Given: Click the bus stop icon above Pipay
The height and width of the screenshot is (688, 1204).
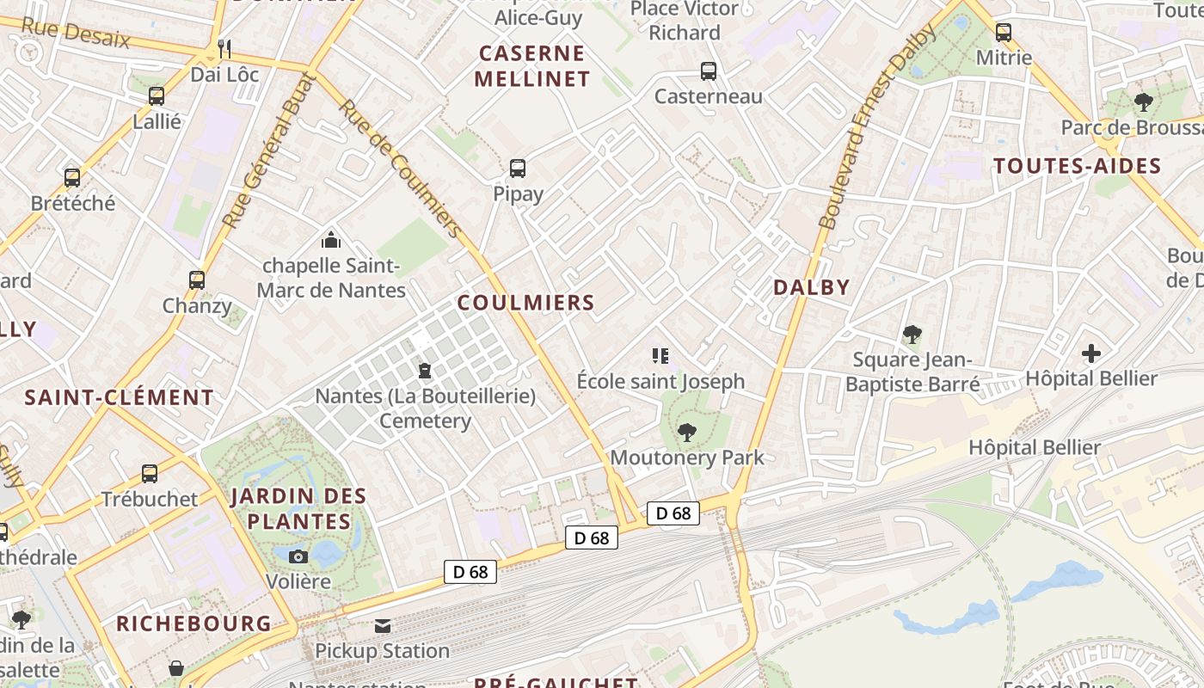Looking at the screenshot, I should click(x=518, y=169).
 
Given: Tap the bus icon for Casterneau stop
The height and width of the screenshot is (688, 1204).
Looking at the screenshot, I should click(x=709, y=71).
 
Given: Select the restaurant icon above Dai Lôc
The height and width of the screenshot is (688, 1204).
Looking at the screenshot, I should click(x=224, y=48).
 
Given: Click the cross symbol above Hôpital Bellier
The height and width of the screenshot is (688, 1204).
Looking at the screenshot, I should click(x=1091, y=353).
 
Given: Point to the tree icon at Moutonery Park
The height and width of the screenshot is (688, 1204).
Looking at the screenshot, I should click(x=686, y=433).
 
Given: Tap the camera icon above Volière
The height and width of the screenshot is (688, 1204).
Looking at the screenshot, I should click(x=298, y=556).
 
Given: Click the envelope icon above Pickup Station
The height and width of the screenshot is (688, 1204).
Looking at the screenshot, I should click(x=382, y=626).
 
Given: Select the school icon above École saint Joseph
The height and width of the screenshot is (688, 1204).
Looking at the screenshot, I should click(x=660, y=355).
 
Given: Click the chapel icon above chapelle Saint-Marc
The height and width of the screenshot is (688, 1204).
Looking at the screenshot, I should click(x=331, y=240).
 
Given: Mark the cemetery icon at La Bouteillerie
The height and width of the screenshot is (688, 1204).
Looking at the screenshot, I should click(x=424, y=372).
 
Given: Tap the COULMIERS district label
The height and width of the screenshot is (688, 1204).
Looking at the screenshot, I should click(x=525, y=303).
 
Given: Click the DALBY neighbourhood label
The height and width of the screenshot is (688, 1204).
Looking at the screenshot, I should click(x=811, y=287).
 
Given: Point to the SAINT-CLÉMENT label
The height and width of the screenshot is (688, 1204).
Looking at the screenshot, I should click(x=119, y=397).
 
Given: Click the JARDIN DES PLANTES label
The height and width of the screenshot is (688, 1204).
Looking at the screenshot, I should click(x=298, y=508).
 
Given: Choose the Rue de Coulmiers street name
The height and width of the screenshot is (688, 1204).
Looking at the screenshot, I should click(x=401, y=168).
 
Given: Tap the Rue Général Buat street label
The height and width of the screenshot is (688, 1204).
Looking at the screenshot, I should click(x=269, y=151).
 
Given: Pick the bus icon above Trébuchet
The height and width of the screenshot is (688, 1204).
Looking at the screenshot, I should click(x=150, y=474).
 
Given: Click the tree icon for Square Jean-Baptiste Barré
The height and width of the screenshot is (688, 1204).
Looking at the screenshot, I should click(x=912, y=335).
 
